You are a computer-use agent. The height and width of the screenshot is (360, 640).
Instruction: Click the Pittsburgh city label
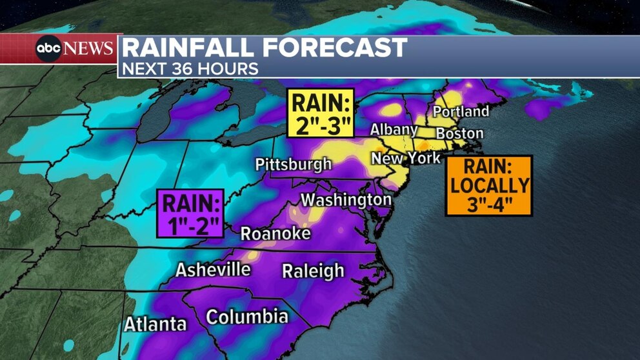pos(294,165)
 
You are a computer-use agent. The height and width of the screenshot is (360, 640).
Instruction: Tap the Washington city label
pos(346,199)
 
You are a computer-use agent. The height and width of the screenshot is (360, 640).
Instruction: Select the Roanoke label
pos(275,234)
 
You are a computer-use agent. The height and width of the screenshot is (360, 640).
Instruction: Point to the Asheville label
pos(213,268)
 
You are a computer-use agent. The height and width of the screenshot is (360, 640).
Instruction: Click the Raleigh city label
pos(313,271)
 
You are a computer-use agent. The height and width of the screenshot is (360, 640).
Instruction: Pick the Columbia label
pos(247,317)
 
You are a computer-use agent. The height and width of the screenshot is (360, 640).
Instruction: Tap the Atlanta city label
pos(155,323)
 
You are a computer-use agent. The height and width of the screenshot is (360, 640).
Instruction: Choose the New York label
pos(406,158)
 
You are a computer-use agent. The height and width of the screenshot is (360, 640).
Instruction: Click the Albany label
pos(394,130)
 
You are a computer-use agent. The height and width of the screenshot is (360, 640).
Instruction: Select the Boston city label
pos(459,134)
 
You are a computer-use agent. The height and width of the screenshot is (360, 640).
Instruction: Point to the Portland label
pos(461,112)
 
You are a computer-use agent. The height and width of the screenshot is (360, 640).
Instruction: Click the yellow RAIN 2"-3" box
pos(321,112)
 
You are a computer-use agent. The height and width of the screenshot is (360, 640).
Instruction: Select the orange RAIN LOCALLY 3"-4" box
pos(489,185)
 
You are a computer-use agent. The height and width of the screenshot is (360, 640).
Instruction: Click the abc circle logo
pos(49,49)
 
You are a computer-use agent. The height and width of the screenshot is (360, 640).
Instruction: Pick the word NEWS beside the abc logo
pos(89,49)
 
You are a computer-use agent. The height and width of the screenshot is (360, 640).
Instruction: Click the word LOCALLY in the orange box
pos(489,186)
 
